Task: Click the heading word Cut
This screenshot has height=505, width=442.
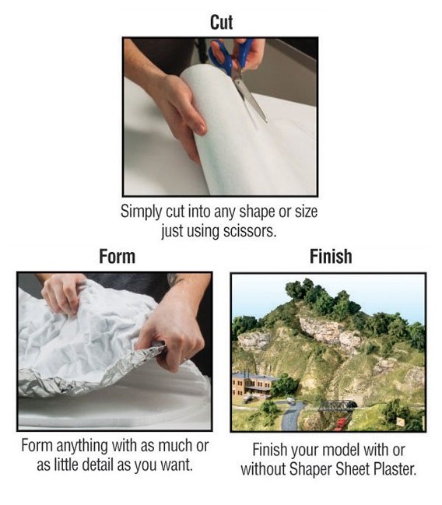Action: [221, 23]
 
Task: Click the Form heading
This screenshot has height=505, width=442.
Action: [118, 256]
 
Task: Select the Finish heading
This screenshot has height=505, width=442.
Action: [330, 256]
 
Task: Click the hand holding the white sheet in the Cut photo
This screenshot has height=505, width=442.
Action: [177, 109]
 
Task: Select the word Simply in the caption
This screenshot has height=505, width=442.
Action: [141, 212]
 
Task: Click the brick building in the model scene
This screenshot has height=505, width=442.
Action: [251, 383]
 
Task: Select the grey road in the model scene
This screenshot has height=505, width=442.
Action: [289, 416]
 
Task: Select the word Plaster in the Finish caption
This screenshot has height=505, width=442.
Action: [395, 469]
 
